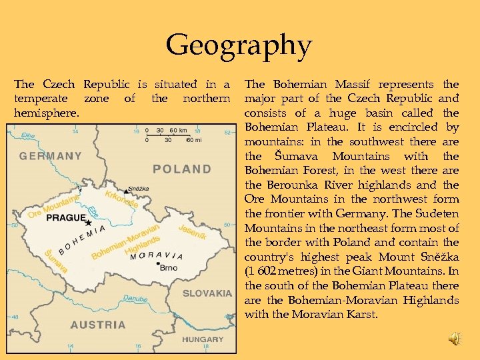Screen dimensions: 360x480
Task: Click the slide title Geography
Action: (239, 46)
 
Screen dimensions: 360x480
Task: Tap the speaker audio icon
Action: (453, 339)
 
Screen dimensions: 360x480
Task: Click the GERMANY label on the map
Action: (51, 157)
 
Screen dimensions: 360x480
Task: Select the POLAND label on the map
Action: (182, 169)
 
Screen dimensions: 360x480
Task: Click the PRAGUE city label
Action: (66, 218)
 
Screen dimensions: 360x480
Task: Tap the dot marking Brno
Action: (157, 265)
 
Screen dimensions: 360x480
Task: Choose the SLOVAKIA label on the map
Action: (207, 293)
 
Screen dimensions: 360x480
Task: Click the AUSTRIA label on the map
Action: (98, 325)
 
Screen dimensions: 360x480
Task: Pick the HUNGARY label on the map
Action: (202, 339)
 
